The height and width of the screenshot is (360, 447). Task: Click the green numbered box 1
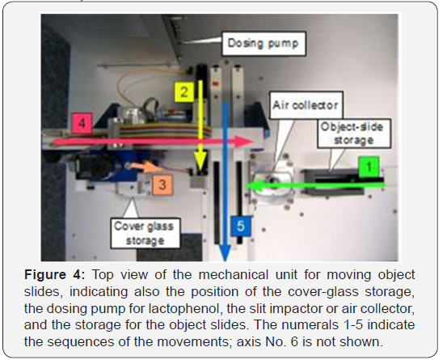tap(369, 167)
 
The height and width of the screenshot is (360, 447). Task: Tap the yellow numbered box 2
tap(184, 92)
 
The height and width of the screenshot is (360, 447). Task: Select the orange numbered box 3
tap(162, 184)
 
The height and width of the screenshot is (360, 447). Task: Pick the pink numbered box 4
tap(82, 124)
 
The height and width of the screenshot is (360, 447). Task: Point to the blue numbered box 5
tap(241, 227)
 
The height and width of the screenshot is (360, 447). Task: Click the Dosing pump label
tap(264, 44)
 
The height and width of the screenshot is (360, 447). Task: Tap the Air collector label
tap(306, 105)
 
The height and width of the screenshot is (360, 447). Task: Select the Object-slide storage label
tap(353, 133)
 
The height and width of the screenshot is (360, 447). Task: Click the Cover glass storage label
tap(145, 233)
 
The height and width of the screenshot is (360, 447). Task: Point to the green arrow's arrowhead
tap(252, 186)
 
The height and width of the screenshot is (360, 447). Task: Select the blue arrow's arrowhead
tap(225, 252)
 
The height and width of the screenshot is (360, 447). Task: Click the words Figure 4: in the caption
tap(55, 275)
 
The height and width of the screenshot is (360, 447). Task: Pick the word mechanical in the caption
tap(234, 275)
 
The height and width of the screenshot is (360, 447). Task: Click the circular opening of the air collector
tap(274, 181)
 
